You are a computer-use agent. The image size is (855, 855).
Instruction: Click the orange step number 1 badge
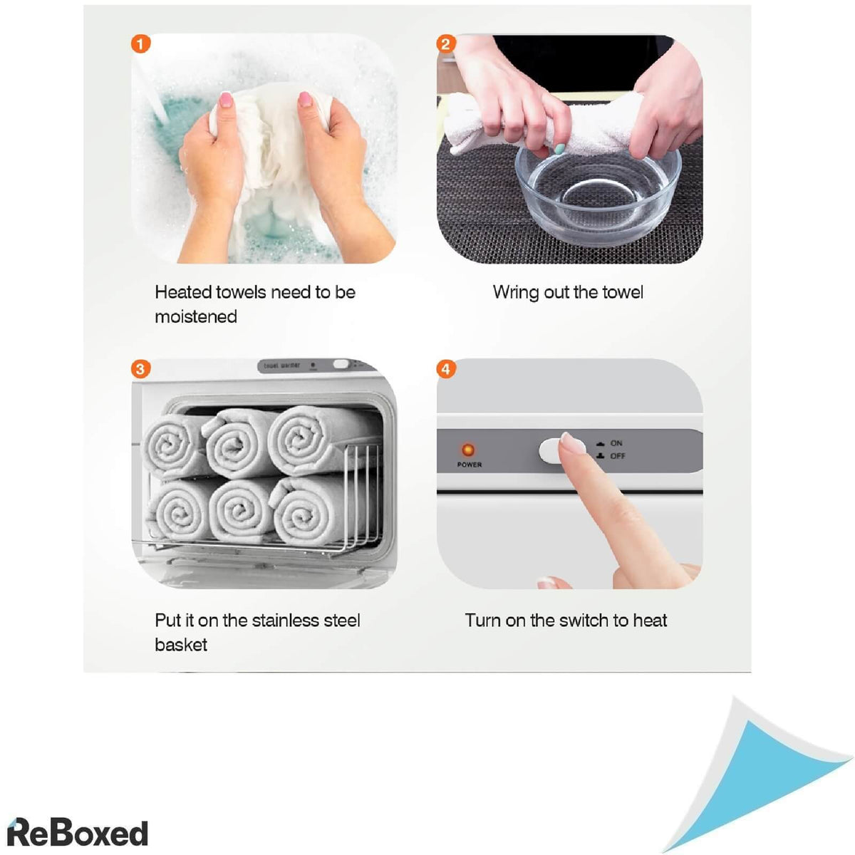tap(140, 43)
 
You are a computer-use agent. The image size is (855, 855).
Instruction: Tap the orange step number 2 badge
tap(446, 43)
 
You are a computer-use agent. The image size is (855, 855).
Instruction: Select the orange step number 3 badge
tap(140, 368)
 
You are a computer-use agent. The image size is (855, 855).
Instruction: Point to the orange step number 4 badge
tap(446, 368)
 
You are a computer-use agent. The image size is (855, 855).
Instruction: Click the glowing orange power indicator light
tap(467, 450)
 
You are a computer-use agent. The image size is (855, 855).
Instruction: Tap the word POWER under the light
tap(469, 465)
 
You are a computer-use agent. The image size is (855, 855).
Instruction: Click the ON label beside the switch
tap(616, 442)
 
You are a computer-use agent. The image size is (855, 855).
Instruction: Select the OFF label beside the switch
tap(617, 456)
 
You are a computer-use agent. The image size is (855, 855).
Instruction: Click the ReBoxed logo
tap(78, 832)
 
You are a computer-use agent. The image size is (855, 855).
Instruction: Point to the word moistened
tap(196, 316)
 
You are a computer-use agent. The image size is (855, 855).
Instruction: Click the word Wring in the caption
tap(516, 292)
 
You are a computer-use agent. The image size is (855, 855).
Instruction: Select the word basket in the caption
tap(180, 644)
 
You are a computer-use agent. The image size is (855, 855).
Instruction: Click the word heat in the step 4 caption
tap(650, 621)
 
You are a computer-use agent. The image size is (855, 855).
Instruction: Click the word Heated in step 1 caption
tap(183, 292)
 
